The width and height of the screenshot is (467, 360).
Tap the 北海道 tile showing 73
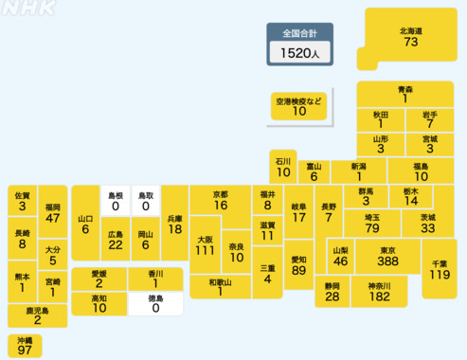coord(410,38)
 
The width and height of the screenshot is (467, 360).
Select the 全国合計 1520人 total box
coord(299,45)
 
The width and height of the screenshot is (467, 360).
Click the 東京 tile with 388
coord(386,256)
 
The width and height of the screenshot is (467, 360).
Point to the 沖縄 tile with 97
coord(25,345)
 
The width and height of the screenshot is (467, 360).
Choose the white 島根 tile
coord(116,200)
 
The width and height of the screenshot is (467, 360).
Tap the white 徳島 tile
coord(154,304)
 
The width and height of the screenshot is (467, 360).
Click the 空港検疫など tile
coord(299,105)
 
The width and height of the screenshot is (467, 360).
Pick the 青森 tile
coord(404,93)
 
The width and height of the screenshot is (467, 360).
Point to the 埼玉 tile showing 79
coord(372,223)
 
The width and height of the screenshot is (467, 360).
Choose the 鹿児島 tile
coord(38,315)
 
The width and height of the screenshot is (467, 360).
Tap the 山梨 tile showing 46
coord(339,256)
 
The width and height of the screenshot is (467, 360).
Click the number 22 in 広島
coord(115,244)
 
